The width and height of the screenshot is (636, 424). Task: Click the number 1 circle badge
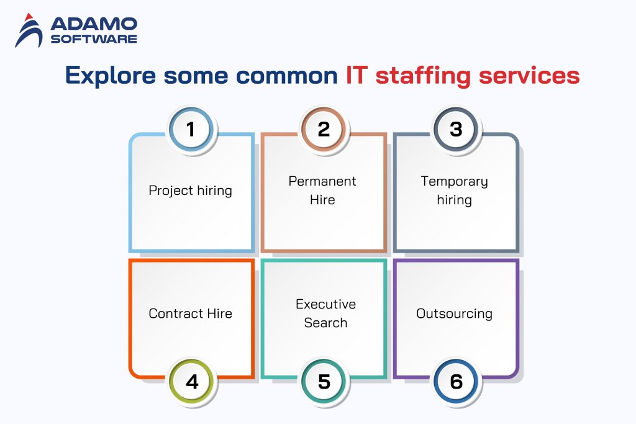tap(191, 130)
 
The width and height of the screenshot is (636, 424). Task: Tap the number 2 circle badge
tap(324, 130)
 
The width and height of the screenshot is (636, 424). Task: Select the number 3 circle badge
tap(456, 130)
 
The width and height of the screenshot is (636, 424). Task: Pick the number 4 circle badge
tap(192, 381)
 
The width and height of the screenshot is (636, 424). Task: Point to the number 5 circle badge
tap(324, 381)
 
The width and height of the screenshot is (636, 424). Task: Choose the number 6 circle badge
tap(457, 381)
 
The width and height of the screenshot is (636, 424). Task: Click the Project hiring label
tap(191, 191)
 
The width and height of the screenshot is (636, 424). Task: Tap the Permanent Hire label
tap(322, 191)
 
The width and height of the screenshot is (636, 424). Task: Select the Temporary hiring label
tap(454, 191)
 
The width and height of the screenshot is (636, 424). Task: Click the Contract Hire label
tap(191, 313)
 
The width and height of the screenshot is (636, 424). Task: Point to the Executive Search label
tap(325, 313)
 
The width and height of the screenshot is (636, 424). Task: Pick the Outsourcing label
tap(454, 313)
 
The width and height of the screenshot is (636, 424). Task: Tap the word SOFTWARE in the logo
tap(94, 39)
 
